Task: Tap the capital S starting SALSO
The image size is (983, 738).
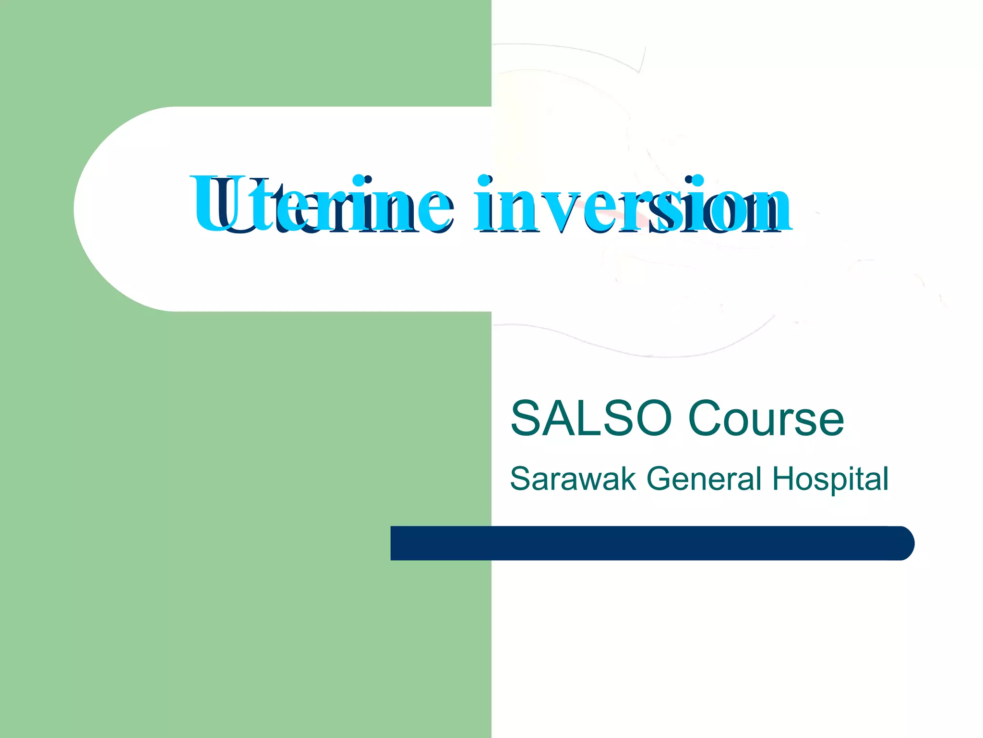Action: (x=525, y=419)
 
